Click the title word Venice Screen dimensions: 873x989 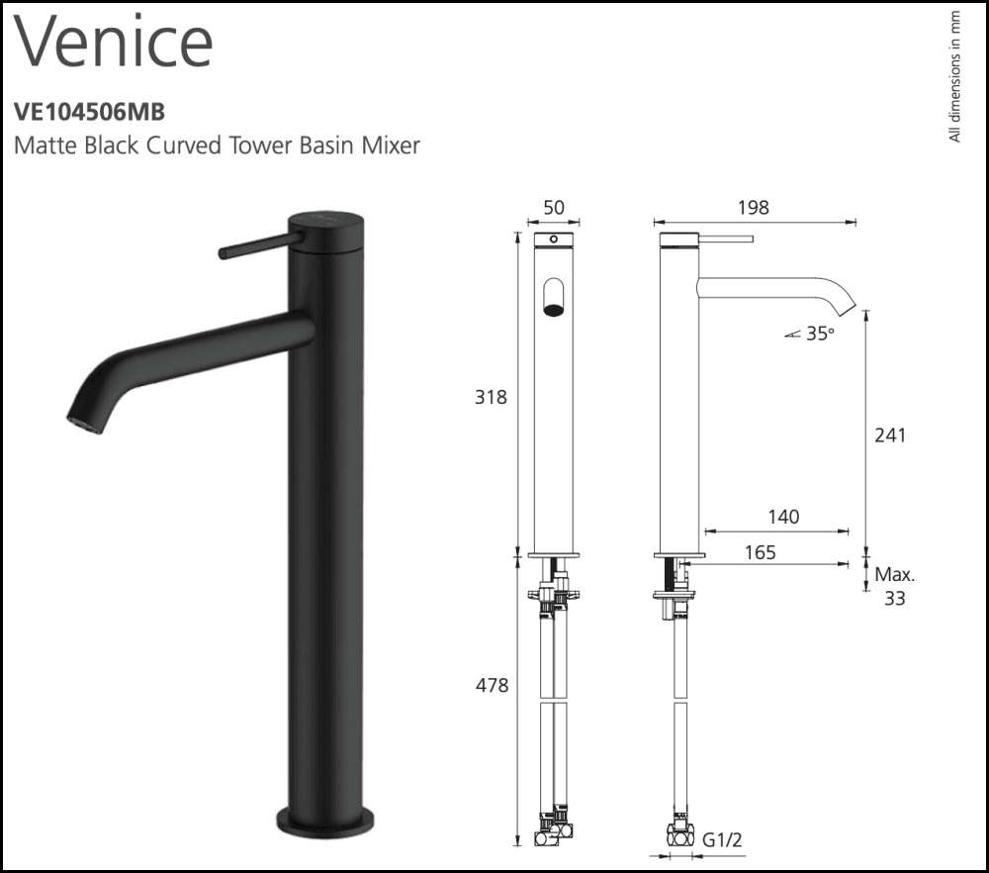[x=115, y=42]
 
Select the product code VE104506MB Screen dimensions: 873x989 [x=82, y=113]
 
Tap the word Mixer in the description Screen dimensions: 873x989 [x=393, y=145]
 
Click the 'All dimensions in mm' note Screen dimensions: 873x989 [x=954, y=76]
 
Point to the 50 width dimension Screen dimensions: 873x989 [x=554, y=208]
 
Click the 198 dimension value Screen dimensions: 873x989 [x=754, y=208]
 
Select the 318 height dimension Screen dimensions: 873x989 [x=491, y=397]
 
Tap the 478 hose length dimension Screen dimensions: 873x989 [x=491, y=685]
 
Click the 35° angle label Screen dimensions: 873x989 [x=819, y=335]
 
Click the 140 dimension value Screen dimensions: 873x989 [x=782, y=517]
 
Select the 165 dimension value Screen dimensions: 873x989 [x=760, y=552]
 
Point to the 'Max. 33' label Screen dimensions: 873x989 [x=894, y=586]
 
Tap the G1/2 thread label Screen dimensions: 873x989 [x=722, y=840]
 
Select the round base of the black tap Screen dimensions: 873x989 [x=326, y=820]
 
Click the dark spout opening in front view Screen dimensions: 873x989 [x=555, y=309]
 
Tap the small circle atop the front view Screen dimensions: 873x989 [x=554, y=240]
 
